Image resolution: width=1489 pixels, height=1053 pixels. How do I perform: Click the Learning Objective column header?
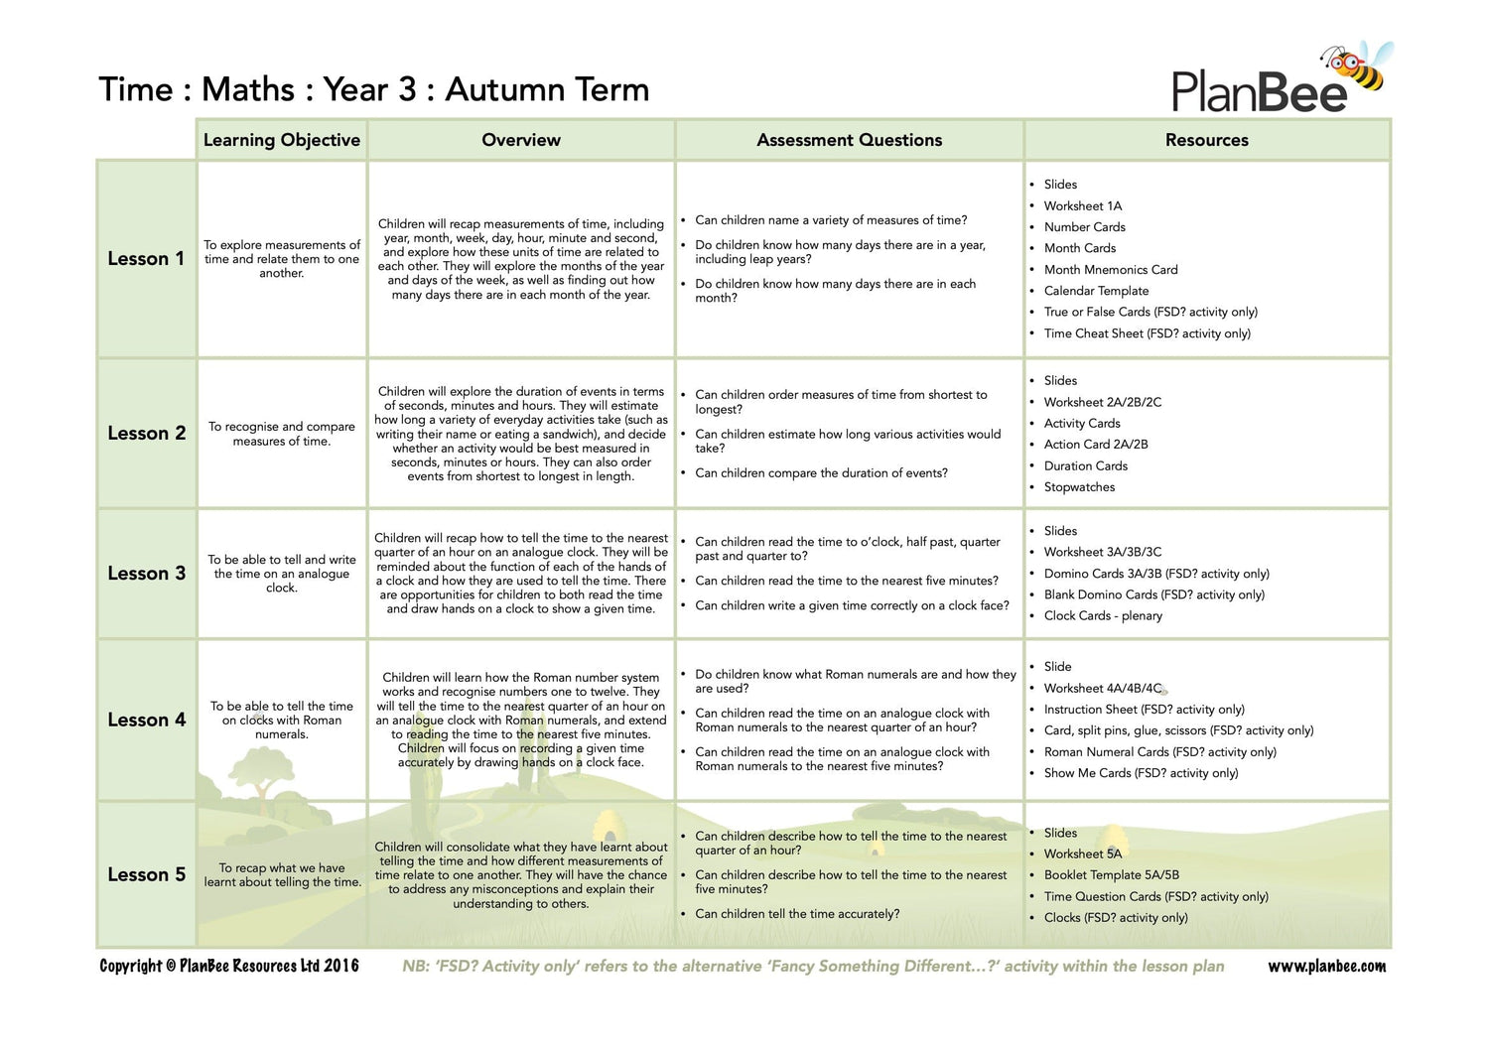coord(282,140)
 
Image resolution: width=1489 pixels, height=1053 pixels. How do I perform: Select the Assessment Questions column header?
coord(849,140)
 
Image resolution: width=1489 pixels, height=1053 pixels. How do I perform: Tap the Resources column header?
coord(1206,140)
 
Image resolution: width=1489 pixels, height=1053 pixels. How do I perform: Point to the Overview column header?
coord(521,140)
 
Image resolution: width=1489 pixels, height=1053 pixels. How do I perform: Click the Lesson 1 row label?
coord(146,259)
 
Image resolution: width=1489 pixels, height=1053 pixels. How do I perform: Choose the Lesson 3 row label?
coord(146,574)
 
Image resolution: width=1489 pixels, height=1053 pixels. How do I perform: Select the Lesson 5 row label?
coord(146,874)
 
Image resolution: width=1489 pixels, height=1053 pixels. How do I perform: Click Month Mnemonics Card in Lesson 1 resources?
coord(1110,269)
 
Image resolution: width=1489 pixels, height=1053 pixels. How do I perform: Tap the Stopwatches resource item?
coord(1079,487)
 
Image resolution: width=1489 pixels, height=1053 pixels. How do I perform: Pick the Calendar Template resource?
coord(1096,291)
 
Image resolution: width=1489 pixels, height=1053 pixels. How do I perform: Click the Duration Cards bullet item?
coord(1085,465)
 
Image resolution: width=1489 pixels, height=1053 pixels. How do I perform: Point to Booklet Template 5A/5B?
coord(1111,875)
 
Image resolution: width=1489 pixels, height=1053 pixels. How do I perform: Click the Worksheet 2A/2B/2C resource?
coord(1102,402)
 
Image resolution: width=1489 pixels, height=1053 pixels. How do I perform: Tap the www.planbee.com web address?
coord(1326,967)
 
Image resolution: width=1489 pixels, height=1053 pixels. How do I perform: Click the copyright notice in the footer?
coord(229,966)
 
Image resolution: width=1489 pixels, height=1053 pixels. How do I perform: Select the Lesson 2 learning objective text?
coord(282,434)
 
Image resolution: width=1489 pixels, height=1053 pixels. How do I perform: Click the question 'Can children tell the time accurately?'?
coord(797,914)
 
